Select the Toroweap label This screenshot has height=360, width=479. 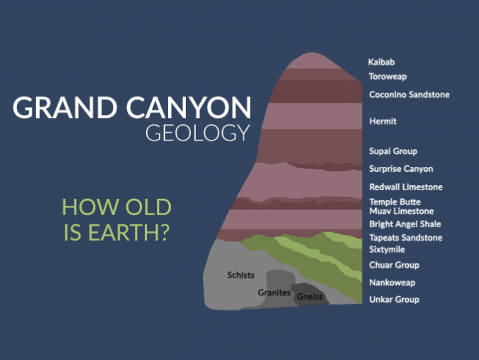pyautogui.click(x=387, y=77)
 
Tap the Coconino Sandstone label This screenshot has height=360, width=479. pyautogui.click(x=409, y=95)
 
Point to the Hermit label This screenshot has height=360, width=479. pyautogui.click(x=383, y=121)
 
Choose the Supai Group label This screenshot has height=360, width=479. pyautogui.click(x=393, y=151)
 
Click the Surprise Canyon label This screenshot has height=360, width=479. pyautogui.click(x=401, y=169)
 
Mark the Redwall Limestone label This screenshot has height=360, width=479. pyautogui.click(x=406, y=187)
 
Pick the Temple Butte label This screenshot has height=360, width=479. pyautogui.click(x=395, y=202)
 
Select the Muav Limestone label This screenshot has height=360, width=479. pyautogui.click(x=401, y=212)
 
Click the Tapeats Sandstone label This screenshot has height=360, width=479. pyautogui.click(x=405, y=238)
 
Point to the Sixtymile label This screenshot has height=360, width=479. pyautogui.click(x=387, y=250)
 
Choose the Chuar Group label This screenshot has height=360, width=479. pyautogui.click(x=394, y=266)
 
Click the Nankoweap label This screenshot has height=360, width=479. pyautogui.click(x=392, y=283)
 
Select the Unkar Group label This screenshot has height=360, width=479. pyautogui.click(x=394, y=300)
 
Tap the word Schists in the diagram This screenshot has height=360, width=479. pyautogui.click(x=241, y=275)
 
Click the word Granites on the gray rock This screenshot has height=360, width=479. pyautogui.click(x=273, y=292)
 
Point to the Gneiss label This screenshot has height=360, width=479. pyautogui.click(x=310, y=296)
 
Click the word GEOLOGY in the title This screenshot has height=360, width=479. pyautogui.click(x=197, y=133)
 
